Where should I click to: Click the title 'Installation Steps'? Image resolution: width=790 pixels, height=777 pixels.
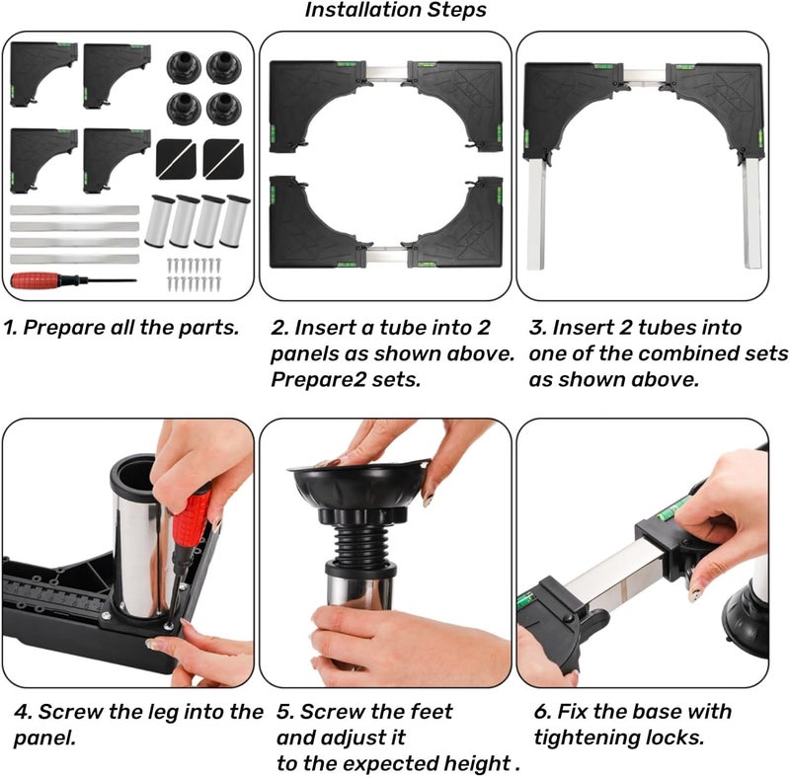click(396, 10)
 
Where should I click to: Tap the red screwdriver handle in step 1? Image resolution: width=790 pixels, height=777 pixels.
click(37, 279)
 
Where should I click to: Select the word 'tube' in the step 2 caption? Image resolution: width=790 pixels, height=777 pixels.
click(401, 328)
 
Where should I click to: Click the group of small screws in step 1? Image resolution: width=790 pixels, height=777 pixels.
click(194, 274)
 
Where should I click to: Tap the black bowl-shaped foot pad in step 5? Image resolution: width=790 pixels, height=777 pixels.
click(358, 486)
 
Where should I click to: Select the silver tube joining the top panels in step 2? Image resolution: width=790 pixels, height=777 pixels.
click(386, 71)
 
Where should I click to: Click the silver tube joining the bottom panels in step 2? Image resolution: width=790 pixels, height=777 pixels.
click(386, 256)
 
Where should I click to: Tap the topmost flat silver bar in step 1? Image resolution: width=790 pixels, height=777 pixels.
click(75, 210)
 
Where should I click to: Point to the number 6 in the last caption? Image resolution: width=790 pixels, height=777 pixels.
click(540, 712)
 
